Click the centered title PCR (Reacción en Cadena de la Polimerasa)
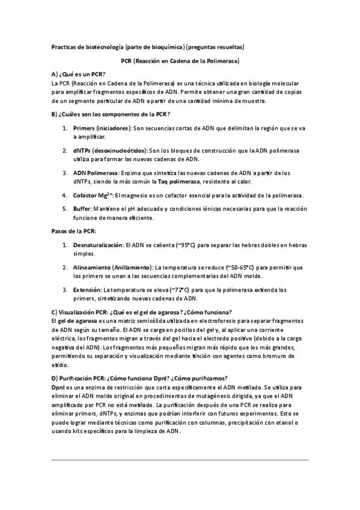point(180,61)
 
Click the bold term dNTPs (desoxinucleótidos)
point(109,150)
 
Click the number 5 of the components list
point(64,208)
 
